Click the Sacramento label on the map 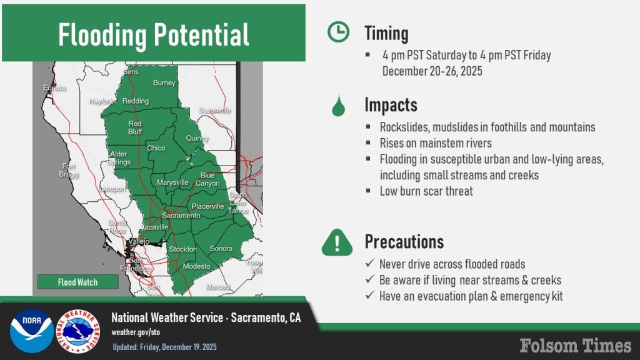click(x=181, y=216)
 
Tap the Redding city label click(x=136, y=101)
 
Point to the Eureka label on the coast click(x=54, y=87)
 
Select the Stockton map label click(x=183, y=249)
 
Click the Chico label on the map click(x=156, y=148)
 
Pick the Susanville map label click(x=215, y=111)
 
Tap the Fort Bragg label click(x=69, y=170)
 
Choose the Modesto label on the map click(x=196, y=266)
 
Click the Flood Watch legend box click(x=78, y=282)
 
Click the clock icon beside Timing click(x=338, y=32)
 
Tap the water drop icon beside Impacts click(x=338, y=105)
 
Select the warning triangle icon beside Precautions click(x=337, y=243)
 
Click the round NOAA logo click(x=32, y=331)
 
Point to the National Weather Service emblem click(x=78, y=331)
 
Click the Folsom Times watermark click(x=576, y=345)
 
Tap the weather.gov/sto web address click(x=136, y=332)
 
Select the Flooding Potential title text click(x=154, y=35)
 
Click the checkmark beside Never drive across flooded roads click(x=370, y=263)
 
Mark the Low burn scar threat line click(x=426, y=191)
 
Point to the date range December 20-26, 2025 click(x=432, y=71)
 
